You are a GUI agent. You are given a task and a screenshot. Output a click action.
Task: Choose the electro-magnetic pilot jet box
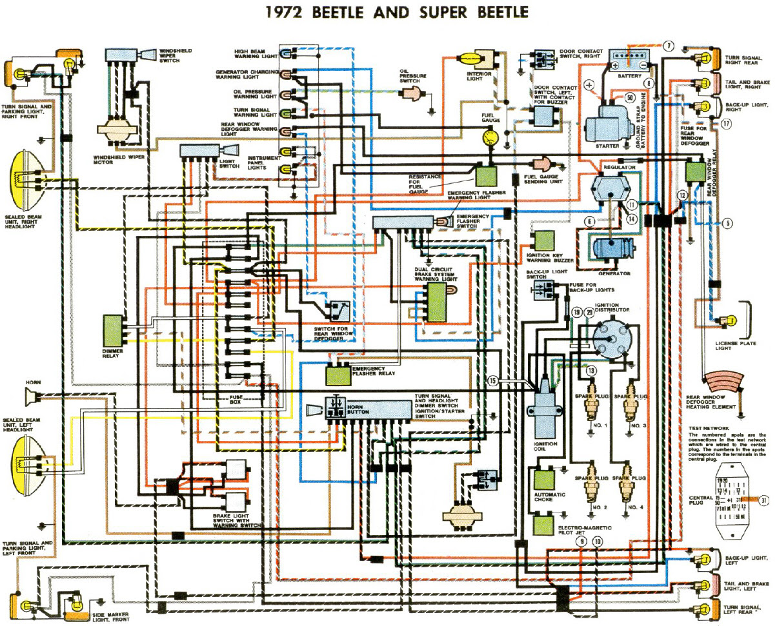pos(543,523)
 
